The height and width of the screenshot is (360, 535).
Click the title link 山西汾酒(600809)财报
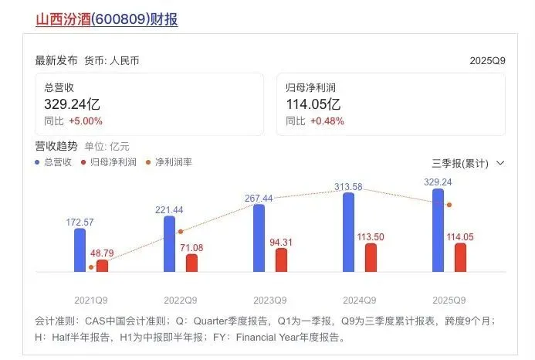107,19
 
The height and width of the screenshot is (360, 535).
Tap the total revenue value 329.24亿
73,103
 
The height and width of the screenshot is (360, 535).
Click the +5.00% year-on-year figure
86,121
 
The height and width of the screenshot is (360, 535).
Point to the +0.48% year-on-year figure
327,121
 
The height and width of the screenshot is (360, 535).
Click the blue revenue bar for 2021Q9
80,250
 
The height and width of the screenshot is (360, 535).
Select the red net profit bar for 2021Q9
102,265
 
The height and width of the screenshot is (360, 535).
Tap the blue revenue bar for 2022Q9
169,243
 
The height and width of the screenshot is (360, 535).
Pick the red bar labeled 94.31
281,260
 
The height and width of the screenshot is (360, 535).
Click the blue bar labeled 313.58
348,232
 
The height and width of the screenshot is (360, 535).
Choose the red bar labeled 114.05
460,256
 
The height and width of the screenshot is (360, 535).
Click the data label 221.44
169,209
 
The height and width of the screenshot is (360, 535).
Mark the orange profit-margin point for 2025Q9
449,205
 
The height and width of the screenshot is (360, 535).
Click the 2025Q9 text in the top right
487,60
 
